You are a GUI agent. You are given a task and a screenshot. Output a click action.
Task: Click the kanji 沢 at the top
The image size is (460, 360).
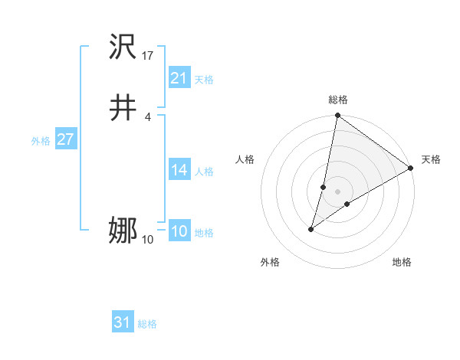pos(123,49)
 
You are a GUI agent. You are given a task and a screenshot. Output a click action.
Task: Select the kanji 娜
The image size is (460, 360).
pos(123,231)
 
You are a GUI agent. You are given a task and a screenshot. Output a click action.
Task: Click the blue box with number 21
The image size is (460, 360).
pos(179,78)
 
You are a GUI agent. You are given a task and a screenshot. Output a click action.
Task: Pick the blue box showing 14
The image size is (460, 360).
pos(179,170)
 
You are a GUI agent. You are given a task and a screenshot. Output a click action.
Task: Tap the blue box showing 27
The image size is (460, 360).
pos(65,139)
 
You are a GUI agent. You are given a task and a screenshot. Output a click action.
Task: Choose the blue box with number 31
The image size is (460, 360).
pos(123,322)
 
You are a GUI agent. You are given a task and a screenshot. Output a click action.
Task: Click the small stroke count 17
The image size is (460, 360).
pos(148,56)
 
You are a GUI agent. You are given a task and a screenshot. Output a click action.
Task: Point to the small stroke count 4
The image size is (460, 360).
pos(147,116)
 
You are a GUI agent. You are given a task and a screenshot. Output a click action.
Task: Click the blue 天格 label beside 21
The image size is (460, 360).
pos(204,80)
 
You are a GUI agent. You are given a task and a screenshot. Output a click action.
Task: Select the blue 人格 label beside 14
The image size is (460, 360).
pos(204,172)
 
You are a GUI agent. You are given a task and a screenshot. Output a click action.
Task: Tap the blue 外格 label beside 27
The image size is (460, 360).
pos(40,141)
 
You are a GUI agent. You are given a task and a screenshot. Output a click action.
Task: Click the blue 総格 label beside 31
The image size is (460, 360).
pos(147,324)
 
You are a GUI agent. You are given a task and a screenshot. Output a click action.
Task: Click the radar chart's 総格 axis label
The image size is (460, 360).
pos(338,100)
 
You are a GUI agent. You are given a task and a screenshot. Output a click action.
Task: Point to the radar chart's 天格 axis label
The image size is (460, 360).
pos(431,159)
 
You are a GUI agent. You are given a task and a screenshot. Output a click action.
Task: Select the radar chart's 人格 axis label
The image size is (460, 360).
pos(245,159)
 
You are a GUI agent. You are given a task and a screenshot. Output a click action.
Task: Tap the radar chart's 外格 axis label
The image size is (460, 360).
pos(270,263)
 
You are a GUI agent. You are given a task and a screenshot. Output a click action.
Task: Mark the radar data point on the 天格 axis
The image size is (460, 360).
pos(411,168)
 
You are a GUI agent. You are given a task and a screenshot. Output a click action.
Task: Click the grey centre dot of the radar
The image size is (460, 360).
pos(338,191)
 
